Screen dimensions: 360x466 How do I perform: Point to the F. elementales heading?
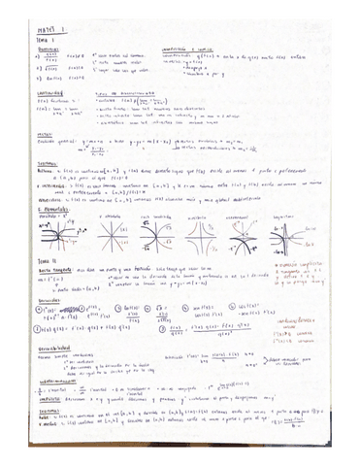[40, 207]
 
